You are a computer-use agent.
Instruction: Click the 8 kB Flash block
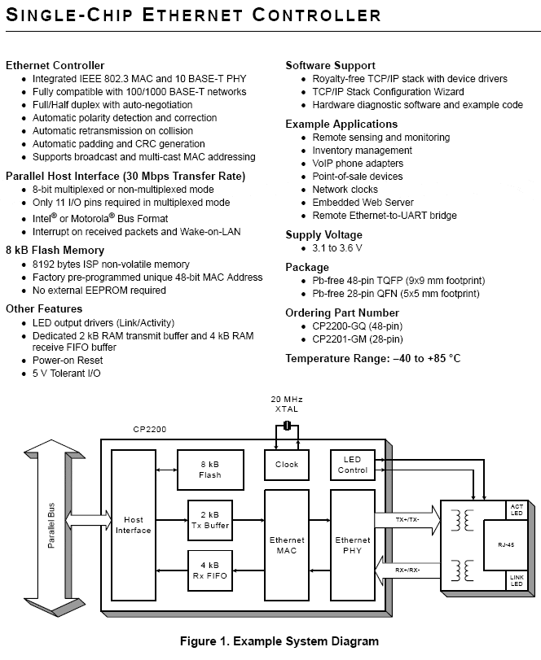click(x=210, y=470)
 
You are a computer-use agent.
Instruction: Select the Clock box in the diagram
click(x=287, y=465)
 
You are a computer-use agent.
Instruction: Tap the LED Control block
click(x=352, y=465)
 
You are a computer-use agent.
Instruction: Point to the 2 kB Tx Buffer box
click(x=210, y=520)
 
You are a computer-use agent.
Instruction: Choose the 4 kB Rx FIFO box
click(x=210, y=570)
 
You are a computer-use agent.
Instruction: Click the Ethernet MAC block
click(x=287, y=545)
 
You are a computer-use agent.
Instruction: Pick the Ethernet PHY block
click(x=352, y=545)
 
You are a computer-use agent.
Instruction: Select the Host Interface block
click(x=133, y=525)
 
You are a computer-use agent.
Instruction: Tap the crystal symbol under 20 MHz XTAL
click(x=287, y=426)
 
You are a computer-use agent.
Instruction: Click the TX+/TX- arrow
click(x=407, y=520)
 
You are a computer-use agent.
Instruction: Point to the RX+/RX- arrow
click(x=407, y=570)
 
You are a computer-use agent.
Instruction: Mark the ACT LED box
click(x=517, y=509)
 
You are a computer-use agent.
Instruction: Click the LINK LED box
click(x=517, y=580)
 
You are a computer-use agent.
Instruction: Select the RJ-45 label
click(x=506, y=544)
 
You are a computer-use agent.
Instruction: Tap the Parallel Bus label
click(x=51, y=525)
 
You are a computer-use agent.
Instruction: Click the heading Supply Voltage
click(x=323, y=235)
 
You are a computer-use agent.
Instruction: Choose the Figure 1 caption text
click(x=279, y=641)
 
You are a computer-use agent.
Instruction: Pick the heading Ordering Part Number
click(x=342, y=313)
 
